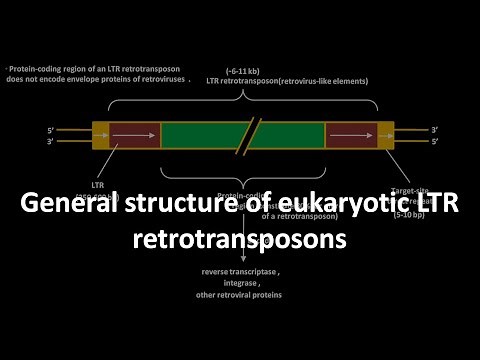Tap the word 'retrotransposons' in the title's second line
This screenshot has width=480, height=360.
point(239,240)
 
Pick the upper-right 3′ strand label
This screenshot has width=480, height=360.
point(434,129)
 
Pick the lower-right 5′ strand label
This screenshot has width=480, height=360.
point(434,141)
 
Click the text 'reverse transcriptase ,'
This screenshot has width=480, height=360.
point(240,270)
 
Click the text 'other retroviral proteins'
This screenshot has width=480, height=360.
point(240,295)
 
